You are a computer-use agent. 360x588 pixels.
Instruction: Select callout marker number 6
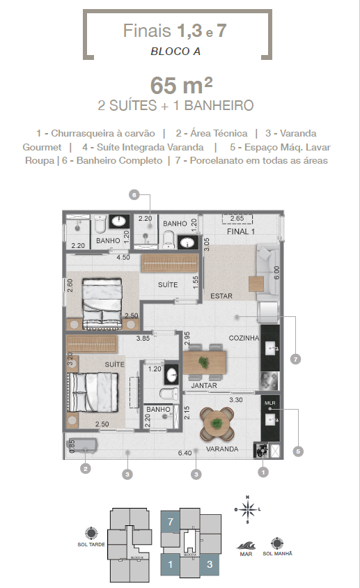pyautogui.click(x=134, y=195)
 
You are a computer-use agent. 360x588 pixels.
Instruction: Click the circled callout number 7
pyautogui.click(x=296, y=359)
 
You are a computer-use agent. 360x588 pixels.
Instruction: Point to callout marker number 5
pyautogui.click(x=299, y=451)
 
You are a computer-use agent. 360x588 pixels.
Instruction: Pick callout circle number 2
pyautogui.click(x=85, y=469)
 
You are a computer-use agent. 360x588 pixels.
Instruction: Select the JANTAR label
pyautogui.click(x=204, y=385)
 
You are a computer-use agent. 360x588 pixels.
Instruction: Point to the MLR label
pyautogui.click(x=270, y=403)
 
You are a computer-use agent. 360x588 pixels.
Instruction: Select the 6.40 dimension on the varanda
pyautogui.click(x=185, y=453)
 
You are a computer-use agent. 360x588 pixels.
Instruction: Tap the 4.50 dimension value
pyautogui.click(x=123, y=257)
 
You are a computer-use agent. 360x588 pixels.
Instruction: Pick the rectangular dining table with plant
pyautogui.click(x=204, y=362)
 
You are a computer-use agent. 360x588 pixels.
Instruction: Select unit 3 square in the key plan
pyautogui.click(x=210, y=565)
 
